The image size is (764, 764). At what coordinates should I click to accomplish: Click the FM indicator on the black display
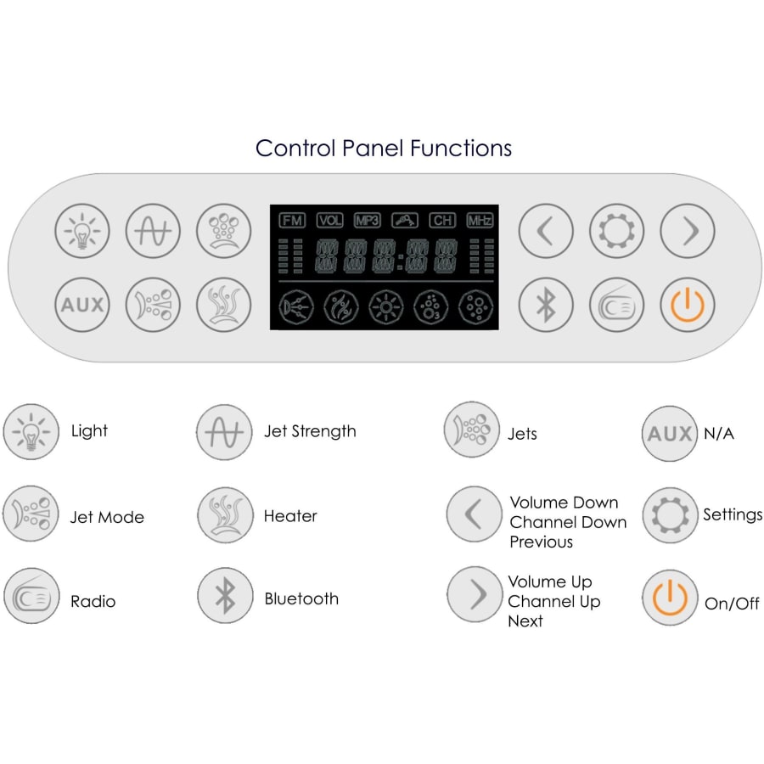292,220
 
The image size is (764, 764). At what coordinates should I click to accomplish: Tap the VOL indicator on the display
330,220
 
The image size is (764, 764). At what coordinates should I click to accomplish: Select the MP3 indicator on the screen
368,220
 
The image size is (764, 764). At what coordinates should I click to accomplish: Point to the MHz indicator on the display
480,220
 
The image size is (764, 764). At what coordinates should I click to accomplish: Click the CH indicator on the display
442,220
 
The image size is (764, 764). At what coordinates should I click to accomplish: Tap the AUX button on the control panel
82,305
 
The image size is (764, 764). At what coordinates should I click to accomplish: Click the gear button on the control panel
616,231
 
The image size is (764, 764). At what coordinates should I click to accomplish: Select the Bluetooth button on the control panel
546,305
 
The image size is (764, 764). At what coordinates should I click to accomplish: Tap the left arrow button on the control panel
546,231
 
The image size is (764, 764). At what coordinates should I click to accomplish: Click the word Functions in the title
461,148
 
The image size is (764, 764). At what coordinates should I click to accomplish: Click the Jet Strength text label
310,431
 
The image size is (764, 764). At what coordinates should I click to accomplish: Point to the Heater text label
290,516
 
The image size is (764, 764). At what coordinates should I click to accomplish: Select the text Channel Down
568,522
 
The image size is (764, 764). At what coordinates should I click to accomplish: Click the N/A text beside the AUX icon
719,433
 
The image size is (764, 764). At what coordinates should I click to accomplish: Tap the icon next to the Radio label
31,596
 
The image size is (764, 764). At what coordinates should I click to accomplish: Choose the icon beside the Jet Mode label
31,514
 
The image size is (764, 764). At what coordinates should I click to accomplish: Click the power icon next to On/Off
670,598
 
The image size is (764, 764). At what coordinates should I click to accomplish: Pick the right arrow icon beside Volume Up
475,594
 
